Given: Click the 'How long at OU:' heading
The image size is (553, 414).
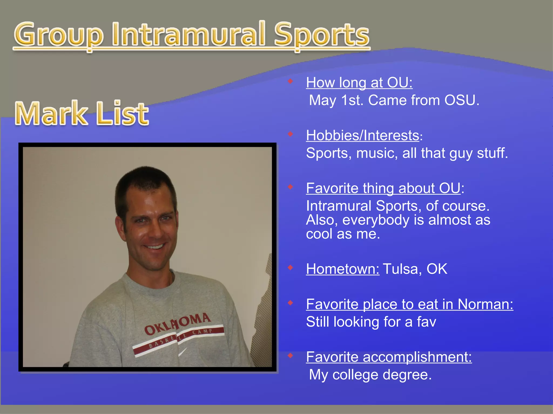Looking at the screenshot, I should click(359, 82).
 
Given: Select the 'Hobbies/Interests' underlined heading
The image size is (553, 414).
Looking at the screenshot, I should click(362, 135).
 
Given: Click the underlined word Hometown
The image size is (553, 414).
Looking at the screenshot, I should click(342, 269).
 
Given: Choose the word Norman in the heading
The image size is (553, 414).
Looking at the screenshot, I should click(485, 304).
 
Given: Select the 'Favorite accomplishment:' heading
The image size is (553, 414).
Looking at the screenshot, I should click(389, 357).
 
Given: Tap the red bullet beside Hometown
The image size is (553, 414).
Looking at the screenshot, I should click(290, 267).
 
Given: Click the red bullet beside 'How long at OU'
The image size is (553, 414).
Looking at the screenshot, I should click(290, 81).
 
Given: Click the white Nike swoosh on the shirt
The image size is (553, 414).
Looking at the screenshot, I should click(183, 352).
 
